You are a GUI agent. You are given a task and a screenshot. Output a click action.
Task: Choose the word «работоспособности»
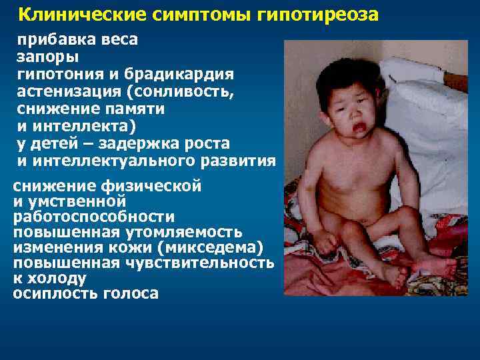pos(94,217)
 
